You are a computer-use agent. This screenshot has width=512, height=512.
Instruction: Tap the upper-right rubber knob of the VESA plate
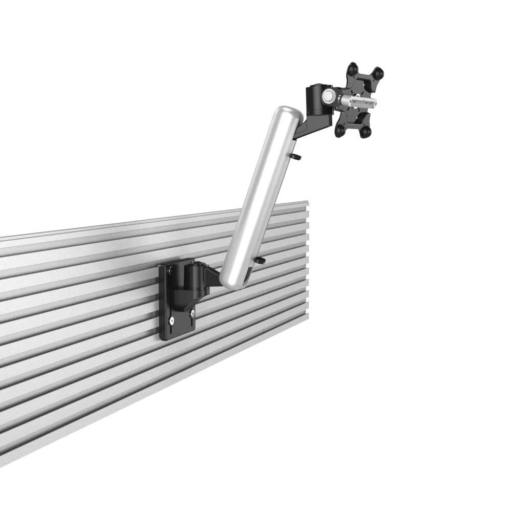pos(378,74)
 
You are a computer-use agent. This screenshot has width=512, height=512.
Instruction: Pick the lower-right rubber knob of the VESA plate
pos(365,132)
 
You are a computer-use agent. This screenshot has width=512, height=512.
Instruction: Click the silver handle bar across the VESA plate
pos(358,100)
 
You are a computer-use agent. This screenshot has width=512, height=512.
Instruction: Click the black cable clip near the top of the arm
pos(297,156)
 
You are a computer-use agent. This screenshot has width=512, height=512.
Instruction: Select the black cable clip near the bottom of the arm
pos(261,261)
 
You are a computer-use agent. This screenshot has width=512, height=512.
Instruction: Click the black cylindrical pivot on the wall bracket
pos(195,276)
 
